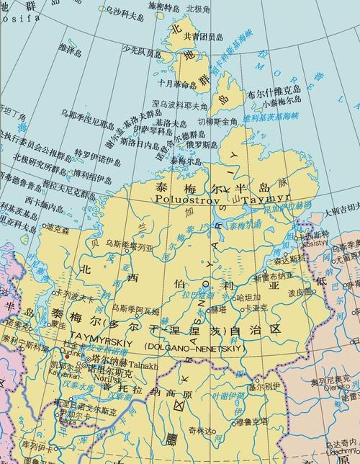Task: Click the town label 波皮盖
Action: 298,292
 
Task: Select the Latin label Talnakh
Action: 143,366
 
